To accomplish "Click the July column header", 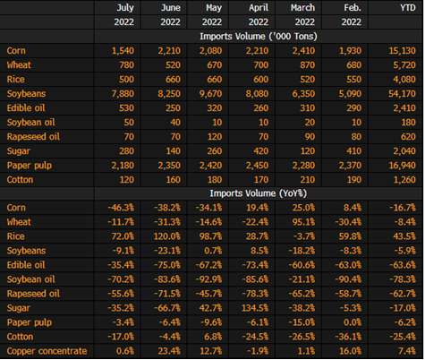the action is point(125,8).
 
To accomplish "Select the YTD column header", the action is point(408,7).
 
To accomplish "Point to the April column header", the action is point(259,8).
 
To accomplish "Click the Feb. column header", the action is point(353,7).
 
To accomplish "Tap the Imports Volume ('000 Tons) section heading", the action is point(259,37).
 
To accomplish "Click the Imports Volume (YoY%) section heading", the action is point(259,193).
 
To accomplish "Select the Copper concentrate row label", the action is point(47,351).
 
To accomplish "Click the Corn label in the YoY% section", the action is point(16,208).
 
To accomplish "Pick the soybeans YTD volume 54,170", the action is point(402,94).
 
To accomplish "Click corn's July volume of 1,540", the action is point(123,51).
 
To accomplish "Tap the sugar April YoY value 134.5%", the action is point(255,308).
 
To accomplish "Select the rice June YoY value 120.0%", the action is point(167,236).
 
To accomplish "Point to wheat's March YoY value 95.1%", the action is point(303,222).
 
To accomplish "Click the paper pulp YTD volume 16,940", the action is point(402,166).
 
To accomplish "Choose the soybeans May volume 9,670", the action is point(211,94).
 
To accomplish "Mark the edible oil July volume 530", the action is point(126,108).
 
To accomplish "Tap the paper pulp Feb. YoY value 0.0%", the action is point(353,322).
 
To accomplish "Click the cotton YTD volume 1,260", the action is point(404,180).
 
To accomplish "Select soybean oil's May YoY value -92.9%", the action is point(208,279).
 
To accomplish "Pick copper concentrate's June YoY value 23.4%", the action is point(169,351).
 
